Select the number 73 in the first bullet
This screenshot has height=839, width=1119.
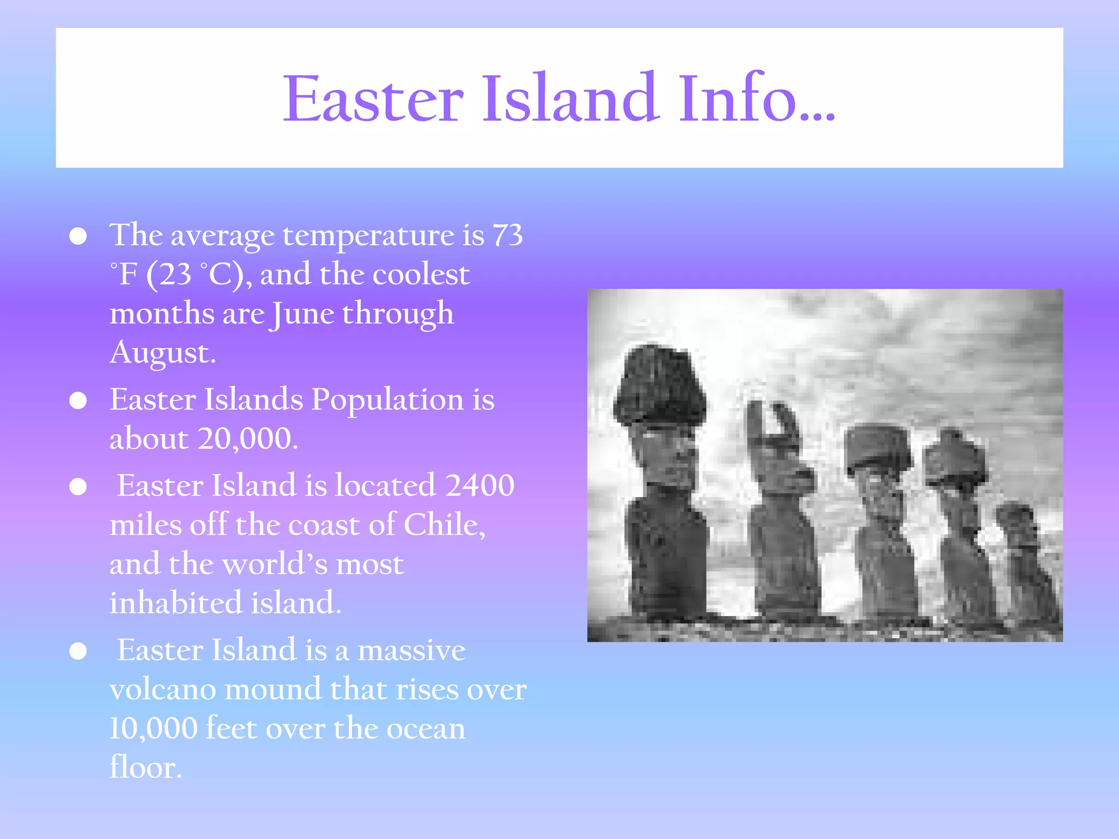pyautogui.click(x=508, y=235)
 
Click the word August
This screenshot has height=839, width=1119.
pyautogui.click(x=163, y=353)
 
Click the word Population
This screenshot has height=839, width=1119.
pyautogui.click(x=387, y=399)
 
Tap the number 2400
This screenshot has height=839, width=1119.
pyautogui.click(x=480, y=485)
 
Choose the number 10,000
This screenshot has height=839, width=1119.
pyautogui.click(x=154, y=729)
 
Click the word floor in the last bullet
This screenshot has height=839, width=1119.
pyautogui.click(x=145, y=767)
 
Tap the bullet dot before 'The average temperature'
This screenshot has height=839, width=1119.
pyautogui.click(x=78, y=237)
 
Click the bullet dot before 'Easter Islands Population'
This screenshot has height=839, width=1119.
pyautogui.click(x=78, y=401)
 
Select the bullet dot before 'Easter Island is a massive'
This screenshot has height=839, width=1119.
pyautogui.click(x=78, y=651)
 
